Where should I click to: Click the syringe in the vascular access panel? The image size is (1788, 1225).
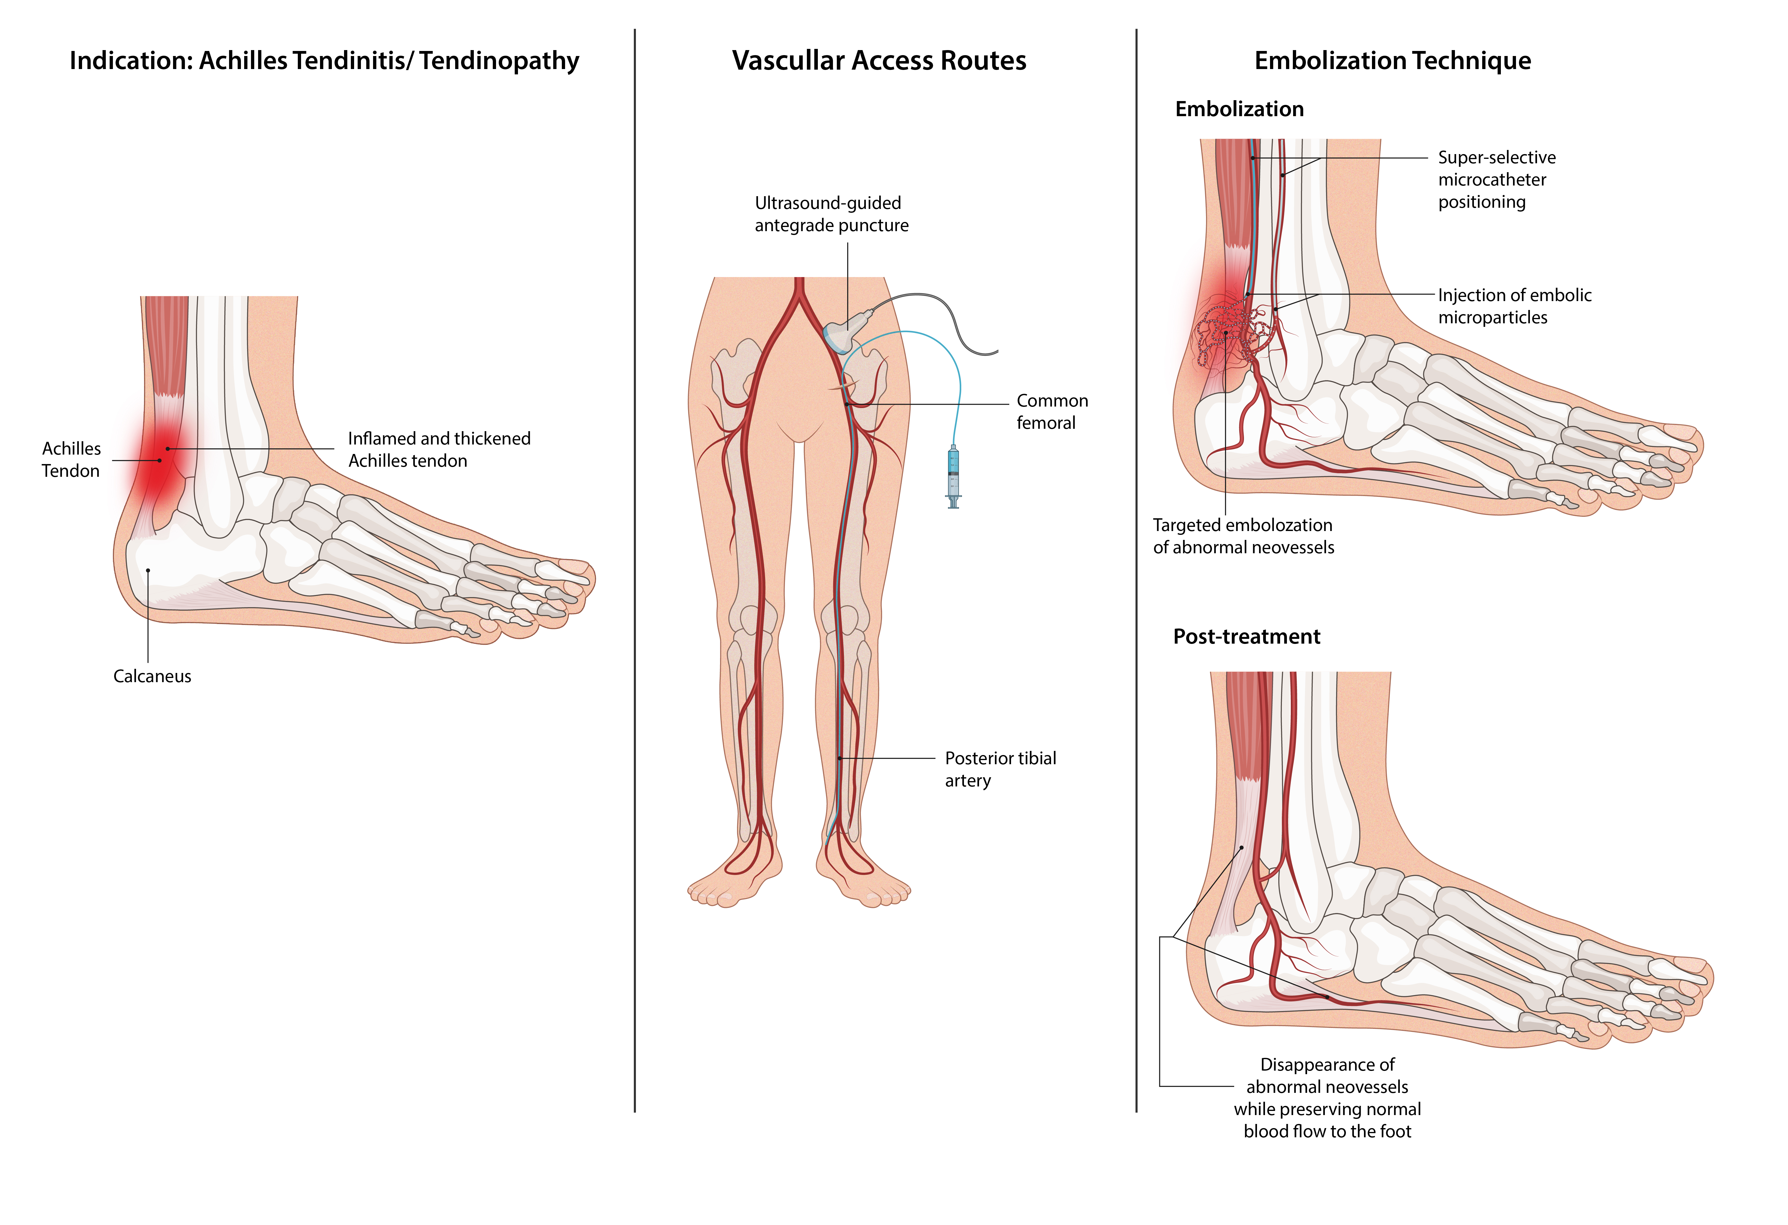tap(953, 477)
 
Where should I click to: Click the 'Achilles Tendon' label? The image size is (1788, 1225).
tap(71, 459)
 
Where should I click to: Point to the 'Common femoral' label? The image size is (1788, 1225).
tap(1052, 412)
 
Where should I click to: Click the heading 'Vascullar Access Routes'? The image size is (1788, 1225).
tap(879, 61)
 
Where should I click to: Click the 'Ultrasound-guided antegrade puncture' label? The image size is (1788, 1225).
tap(831, 214)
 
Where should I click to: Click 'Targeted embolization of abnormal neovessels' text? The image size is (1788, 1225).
tap(1242, 536)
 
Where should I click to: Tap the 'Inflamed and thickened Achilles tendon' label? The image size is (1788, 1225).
tap(439, 449)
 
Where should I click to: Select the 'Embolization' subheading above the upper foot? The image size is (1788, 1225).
tap(1239, 109)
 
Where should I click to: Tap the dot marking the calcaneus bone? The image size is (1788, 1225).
tap(148, 570)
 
